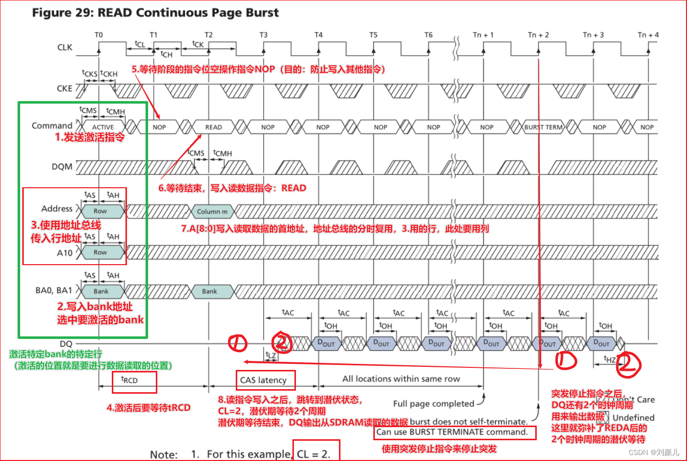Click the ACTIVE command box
(x=103, y=127)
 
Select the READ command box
(x=213, y=127)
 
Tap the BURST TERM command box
(x=543, y=127)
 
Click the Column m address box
(x=212, y=212)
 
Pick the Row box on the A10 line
(x=100, y=252)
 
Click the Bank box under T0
(x=101, y=291)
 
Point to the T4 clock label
(x=318, y=35)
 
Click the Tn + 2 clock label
(x=538, y=35)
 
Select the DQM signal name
(x=62, y=166)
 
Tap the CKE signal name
(x=64, y=88)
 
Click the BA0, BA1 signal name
(x=54, y=290)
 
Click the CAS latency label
(x=263, y=380)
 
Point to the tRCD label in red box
(x=130, y=380)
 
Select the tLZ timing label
(x=271, y=355)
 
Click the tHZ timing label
(x=610, y=359)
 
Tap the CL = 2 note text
(x=314, y=454)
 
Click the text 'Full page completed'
(x=434, y=403)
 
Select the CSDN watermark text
(x=654, y=452)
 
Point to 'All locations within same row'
(x=401, y=379)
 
